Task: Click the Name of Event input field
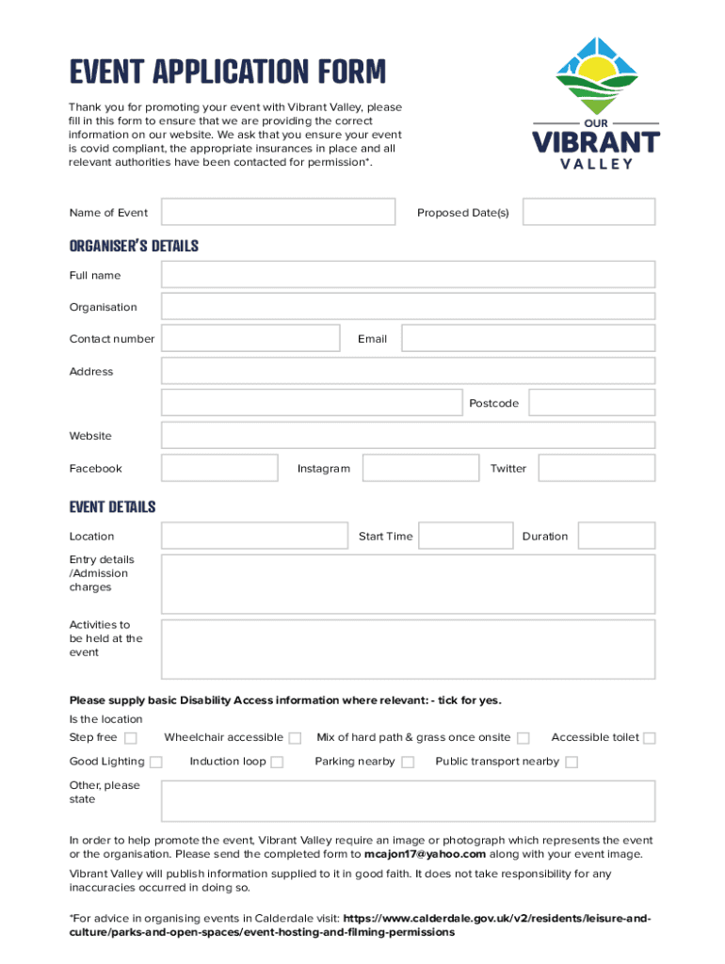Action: coord(278,212)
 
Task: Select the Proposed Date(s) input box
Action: coord(588,212)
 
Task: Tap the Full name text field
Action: coord(408,275)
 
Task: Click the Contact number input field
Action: coord(250,339)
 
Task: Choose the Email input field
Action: coord(527,339)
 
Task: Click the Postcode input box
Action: coord(591,403)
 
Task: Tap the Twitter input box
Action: coord(596,468)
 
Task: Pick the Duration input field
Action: coord(616,536)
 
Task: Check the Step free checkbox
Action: coord(131,738)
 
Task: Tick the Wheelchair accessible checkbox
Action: coord(295,738)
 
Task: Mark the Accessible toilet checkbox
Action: coord(650,738)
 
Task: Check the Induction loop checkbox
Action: coord(277,763)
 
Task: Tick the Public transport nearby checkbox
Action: coord(572,763)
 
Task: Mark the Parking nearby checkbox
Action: coord(408,763)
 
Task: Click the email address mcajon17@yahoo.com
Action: coord(425,855)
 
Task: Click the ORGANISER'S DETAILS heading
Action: coord(134,247)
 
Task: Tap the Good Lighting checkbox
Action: coord(156,763)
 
